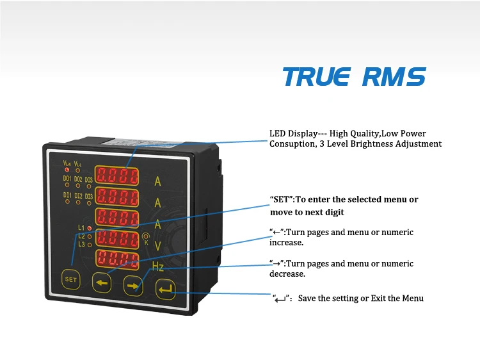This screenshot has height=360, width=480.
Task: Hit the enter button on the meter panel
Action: coord(165,291)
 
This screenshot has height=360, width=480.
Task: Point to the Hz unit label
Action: coord(158,266)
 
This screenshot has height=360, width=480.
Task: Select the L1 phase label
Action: coord(81,227)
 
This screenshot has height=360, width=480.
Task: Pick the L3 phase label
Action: coord(81,244)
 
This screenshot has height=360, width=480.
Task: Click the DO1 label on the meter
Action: coord(67,179)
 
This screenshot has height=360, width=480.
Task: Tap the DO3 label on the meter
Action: coord(89,179)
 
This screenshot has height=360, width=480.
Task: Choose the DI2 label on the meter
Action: coord(78,195)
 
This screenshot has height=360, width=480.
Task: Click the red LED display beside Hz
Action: coord(118,259)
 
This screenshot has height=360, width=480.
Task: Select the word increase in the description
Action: coord(285,243)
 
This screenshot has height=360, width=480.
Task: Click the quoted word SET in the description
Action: coord(282,199)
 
